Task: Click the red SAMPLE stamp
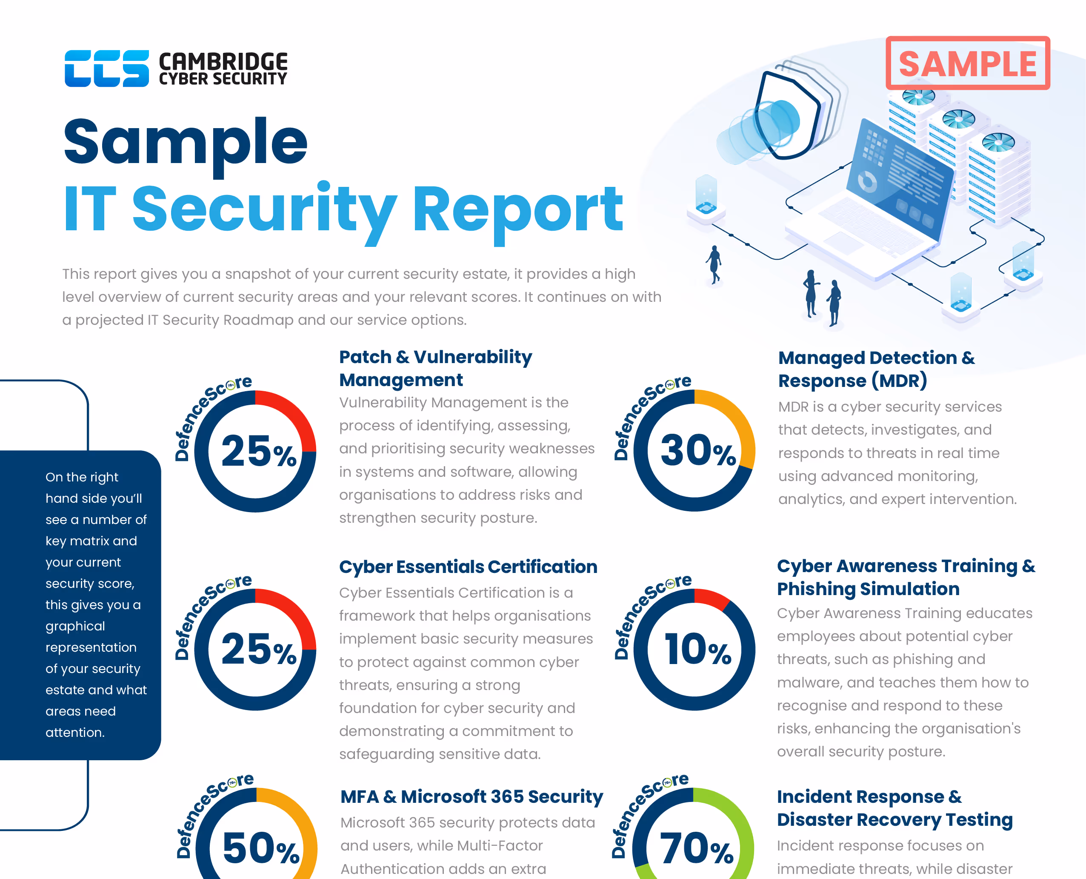point(967,63)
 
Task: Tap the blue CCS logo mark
point(106,69)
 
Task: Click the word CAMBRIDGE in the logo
point(223,62)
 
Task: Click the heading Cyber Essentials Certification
point(468,567)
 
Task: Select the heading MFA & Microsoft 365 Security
point(471,796)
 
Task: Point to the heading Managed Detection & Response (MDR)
point(875,369)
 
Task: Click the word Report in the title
point(517,209)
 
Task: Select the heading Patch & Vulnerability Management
point(435,368)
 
